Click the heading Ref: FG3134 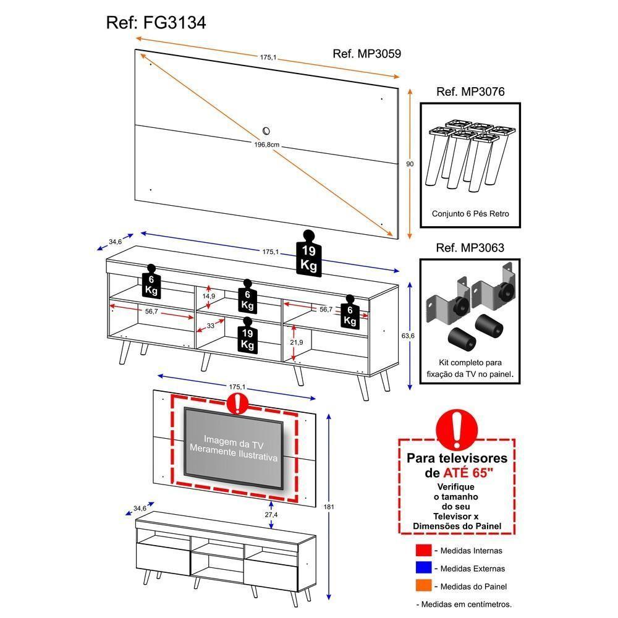coord(156,23)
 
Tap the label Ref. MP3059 coord(366,54)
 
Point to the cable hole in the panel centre coord(266,130)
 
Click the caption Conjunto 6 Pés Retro coord(470,214)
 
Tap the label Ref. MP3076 coord(470,92)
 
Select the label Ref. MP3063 coord(470,248)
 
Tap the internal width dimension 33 coord(210,325)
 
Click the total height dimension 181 coord(329,507)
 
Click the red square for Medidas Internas coord(423,550)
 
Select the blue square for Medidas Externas coord(423,568)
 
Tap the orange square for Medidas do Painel coord(423,586)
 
